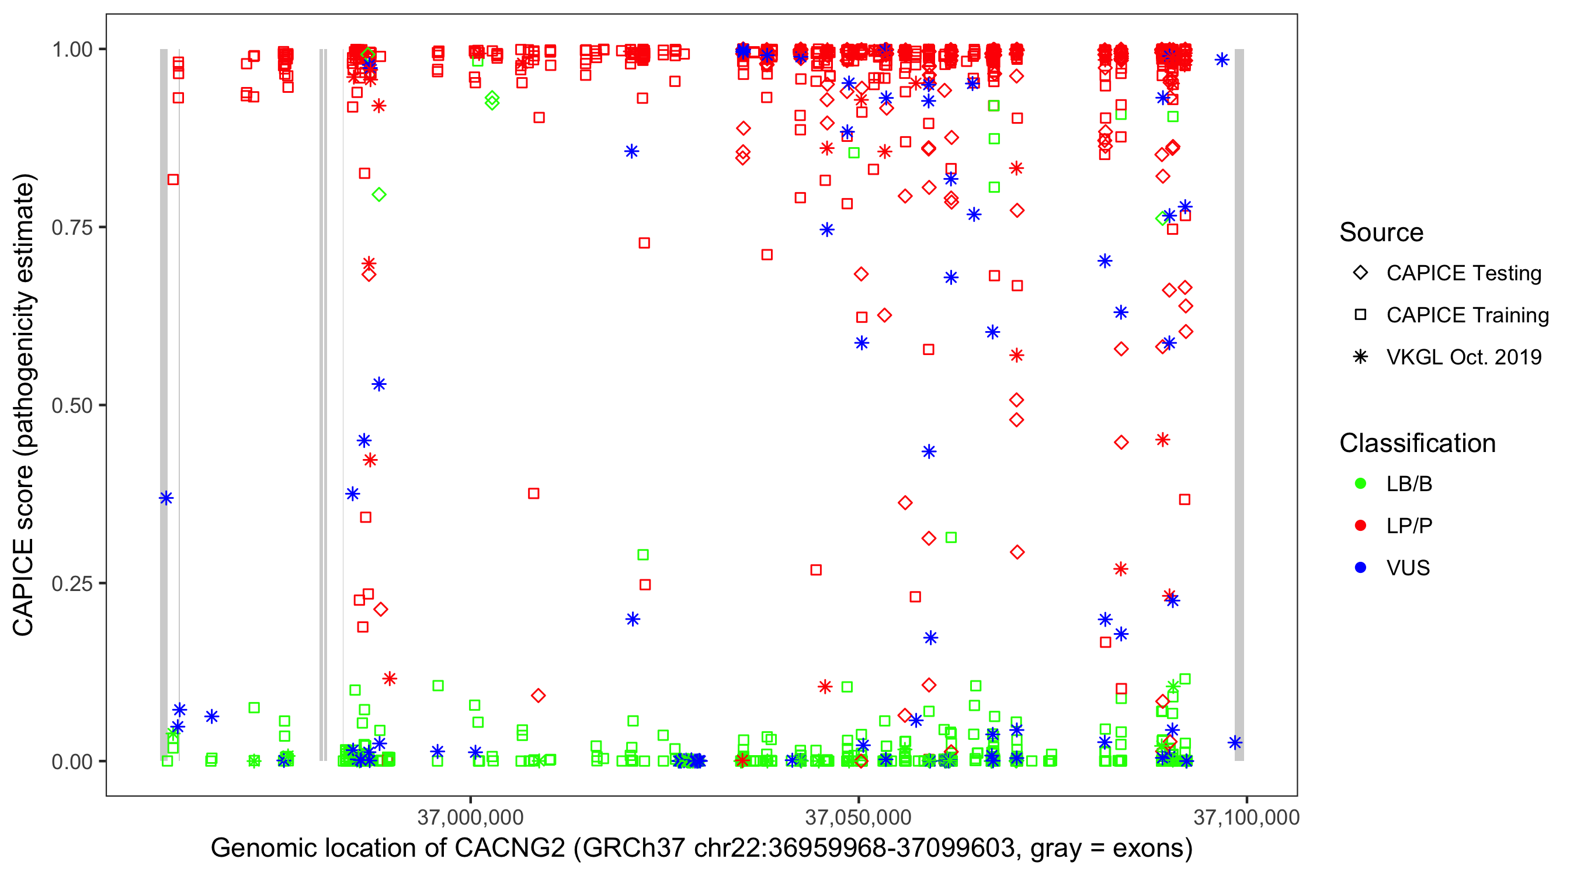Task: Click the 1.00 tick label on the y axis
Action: point(72,50)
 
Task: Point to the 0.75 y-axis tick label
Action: point(72,228)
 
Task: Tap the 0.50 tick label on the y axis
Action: point(72,406)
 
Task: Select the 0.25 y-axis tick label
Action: point(72,583)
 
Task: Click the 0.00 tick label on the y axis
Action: point(72,762)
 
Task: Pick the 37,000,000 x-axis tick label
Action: point(470,817)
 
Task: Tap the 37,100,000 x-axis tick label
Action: point(1246,817)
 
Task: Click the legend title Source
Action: point(1381,232)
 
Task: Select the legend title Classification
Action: point(1417,443)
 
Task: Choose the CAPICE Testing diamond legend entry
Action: point(1360,273)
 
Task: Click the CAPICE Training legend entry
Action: point(1360,315)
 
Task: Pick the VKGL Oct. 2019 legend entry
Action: point(1360,357)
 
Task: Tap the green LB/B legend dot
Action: point(1360,484)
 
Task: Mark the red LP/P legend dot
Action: point(1360,526)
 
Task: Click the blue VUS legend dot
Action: point(1360,568)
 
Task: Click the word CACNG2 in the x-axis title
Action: point(509,849)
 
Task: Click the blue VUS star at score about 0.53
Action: point(379,384)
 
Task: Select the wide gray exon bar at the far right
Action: point(1239,404)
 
